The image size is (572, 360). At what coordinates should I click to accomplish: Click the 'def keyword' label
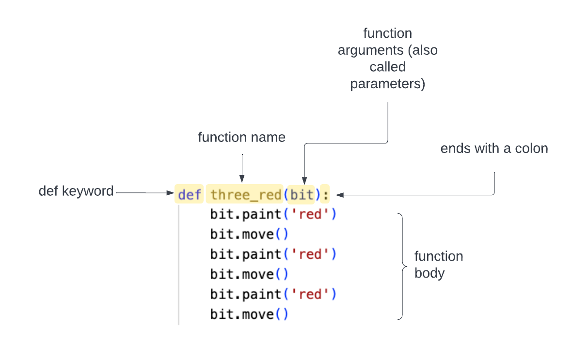76,191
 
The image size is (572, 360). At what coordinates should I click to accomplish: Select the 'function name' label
241,138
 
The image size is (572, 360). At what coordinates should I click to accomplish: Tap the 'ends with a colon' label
494,149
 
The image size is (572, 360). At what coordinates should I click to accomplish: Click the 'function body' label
438,265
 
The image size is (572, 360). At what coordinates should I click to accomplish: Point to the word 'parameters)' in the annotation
387,84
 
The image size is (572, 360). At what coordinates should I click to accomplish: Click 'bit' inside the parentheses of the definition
302,195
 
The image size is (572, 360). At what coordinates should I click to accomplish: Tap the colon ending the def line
325,195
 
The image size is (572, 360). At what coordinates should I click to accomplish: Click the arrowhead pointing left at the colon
340,195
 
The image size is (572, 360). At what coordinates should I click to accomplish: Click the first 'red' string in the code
310,214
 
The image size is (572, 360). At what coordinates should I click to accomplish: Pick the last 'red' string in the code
310,294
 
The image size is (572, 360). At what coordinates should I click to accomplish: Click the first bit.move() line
249,235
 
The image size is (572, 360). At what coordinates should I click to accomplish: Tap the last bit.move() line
249,314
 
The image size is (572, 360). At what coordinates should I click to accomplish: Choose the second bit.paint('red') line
273,254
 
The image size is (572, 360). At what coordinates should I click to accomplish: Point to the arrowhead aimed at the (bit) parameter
303,179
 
